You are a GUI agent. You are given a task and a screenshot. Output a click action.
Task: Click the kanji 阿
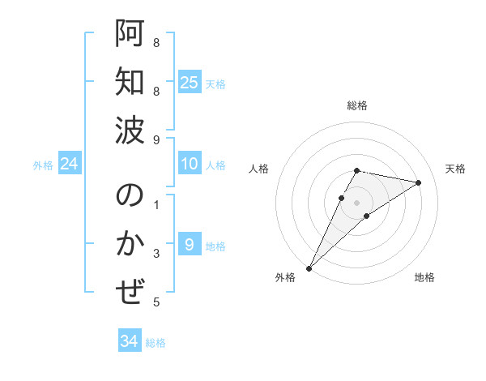click(x=130, y=35)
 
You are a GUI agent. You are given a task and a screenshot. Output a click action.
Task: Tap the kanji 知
click(x=130, y=83)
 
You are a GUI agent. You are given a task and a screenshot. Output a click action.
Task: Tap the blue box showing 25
click(x=190, y=83)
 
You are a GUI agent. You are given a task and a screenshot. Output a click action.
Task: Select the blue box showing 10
click(x=190, y=165)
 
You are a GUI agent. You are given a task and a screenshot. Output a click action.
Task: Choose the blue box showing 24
click(x=70, y=165)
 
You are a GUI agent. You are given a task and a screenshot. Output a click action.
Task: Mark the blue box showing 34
click(x=130, y=342)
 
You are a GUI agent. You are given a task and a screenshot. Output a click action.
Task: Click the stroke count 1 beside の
click(x=156, y=205)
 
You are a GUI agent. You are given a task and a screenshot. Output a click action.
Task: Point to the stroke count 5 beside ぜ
click(x=156, y=302)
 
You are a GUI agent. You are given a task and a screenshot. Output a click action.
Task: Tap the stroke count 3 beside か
click(x=156, y=254)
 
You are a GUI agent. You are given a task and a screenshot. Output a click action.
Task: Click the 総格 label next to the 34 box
click(x=156, y=343)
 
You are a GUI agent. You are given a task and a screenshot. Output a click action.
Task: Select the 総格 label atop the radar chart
click(x=357, y=105)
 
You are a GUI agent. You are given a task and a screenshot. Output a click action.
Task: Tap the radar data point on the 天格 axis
click(x=419, y=182)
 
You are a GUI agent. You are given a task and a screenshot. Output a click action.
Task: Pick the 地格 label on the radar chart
click(x=424, y=278)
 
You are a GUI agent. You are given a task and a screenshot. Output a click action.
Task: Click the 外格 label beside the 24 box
click(x=43, y=165)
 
